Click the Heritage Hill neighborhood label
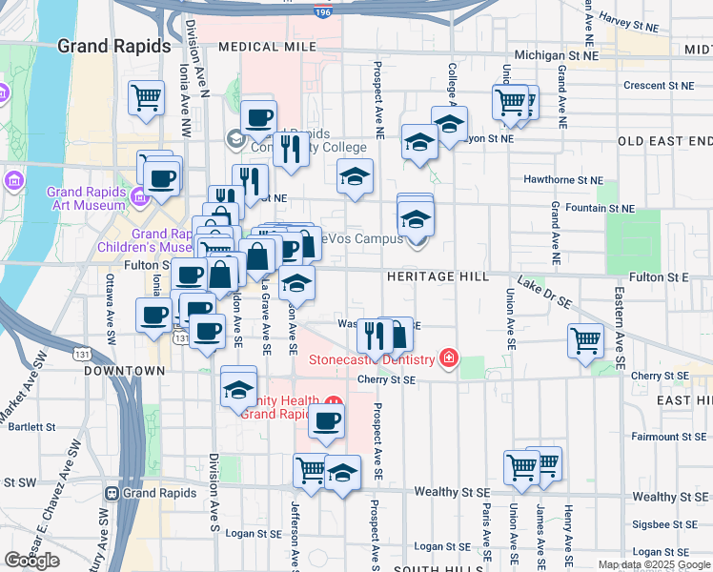438,276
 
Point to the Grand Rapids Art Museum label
86,197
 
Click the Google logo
31,561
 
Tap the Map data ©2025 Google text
653,564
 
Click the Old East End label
664,141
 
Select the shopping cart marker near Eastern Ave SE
584,339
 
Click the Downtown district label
124,370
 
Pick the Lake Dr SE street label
543,292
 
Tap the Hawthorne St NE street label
563,179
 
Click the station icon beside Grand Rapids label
112,494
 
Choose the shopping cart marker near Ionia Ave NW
146,95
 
